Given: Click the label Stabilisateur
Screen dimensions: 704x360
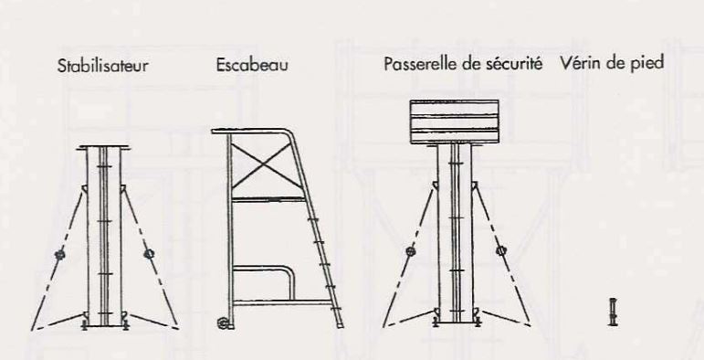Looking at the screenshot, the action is [x=103, y=66].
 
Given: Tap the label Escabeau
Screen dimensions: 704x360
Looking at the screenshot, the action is [x=252, y=65].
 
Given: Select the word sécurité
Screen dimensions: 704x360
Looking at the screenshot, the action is [x=515, y=64].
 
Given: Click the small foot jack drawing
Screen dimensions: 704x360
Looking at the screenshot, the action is [x=613, y=312].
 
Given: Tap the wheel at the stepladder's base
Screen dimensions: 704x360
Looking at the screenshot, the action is [x=223, y=323].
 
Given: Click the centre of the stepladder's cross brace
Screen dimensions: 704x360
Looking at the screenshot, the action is [x=265, y=166].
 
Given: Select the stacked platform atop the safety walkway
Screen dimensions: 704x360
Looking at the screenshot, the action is [x=455, y=122].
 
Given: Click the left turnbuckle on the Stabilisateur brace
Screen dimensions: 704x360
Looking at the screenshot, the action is [x=59, y=255].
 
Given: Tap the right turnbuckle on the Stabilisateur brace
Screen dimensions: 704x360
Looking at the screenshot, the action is [x=149, y=254].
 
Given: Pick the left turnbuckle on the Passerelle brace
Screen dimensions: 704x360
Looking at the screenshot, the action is [x=410, y=251].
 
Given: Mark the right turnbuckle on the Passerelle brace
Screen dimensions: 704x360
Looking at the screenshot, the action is [x=500, y=250].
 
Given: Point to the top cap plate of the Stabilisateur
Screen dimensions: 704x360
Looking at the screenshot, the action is [x=104, y=147].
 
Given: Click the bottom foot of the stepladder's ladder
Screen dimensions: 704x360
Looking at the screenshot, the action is [x=339, y=324].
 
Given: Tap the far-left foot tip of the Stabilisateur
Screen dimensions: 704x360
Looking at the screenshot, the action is [x=32, y=331].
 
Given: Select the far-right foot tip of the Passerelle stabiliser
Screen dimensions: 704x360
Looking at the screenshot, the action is [x=529, y=324].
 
